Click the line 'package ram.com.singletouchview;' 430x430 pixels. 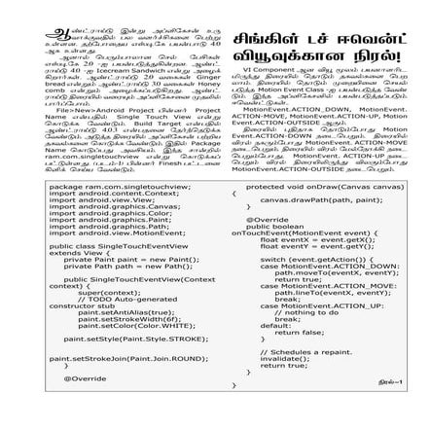(106, 185)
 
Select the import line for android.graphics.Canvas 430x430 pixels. (114, 205)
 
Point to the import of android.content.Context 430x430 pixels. (115, 193)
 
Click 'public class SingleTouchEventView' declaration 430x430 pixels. (110, 247)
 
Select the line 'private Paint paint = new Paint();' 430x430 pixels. (129, 260)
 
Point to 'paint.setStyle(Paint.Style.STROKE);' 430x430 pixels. (128, 339)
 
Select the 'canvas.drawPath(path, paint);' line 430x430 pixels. (321, 199)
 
